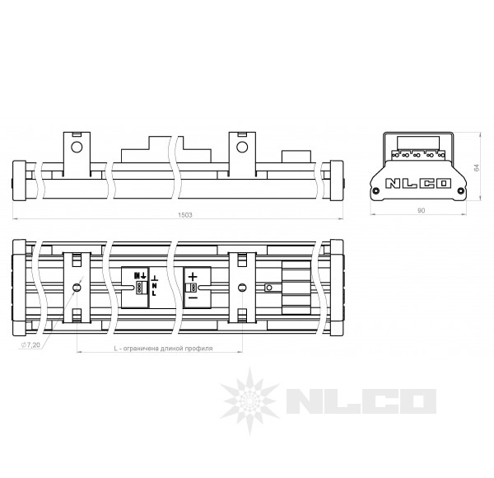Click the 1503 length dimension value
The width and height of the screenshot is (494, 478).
[185, 214]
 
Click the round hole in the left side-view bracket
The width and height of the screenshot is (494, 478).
[77, 148]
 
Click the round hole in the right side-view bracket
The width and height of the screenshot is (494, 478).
[242, 148]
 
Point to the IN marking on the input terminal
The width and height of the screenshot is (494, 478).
[139, 276]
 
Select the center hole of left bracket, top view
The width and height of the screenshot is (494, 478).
[77, 288]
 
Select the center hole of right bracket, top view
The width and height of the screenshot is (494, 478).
[242, 288]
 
